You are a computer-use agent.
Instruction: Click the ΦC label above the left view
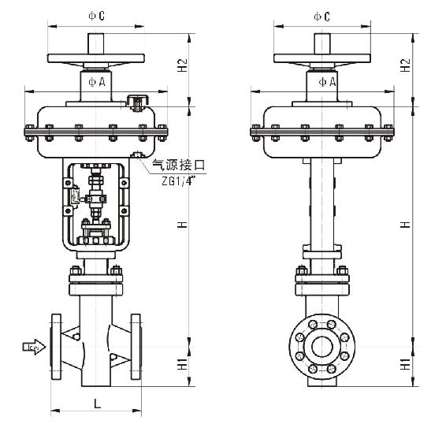(x=96, y=16)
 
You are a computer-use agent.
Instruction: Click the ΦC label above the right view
(x=322, y=17)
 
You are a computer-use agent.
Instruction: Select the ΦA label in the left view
(x=97, y=82)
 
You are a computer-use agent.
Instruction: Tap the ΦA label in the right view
(x=327, y=82)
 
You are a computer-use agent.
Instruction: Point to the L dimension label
(x=97, y=404)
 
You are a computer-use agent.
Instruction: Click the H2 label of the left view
(x=182, y=65)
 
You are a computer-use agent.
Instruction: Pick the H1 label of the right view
(x=405, y=363)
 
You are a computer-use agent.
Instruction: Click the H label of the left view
(x=182, y=225)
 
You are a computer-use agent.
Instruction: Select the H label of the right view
(x=405, y=225)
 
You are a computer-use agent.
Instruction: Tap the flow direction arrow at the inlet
(x=34, y=347)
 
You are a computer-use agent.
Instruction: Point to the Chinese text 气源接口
(x=179, y=165)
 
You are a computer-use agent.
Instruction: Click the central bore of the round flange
(x=322, y=347)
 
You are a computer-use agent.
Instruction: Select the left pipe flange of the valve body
(x=56, y=347)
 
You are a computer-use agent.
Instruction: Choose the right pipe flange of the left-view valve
(x=136, y=347)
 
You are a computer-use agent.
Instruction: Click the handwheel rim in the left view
(x=96, y=58)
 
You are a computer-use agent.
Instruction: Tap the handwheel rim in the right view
(x=322, y=58)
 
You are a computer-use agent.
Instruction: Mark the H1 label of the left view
(x=182, y=363)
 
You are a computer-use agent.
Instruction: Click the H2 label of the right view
(x=405, y=65)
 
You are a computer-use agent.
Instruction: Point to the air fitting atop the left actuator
(x=137, y=102)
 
